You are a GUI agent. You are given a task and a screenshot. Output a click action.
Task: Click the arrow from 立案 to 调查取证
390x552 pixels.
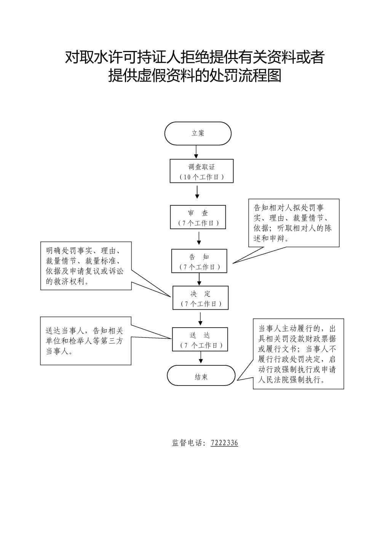point(196,152)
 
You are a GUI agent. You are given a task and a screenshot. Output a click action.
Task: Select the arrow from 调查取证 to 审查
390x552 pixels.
point(197,192)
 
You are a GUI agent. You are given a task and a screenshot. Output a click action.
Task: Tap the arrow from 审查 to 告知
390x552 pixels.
point(199,238)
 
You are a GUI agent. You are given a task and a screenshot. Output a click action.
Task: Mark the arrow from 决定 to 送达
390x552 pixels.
point(200,319)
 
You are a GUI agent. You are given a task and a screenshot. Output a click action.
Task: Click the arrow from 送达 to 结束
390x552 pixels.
point(201,357)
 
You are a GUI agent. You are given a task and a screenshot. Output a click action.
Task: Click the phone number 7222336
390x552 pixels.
point(224,443)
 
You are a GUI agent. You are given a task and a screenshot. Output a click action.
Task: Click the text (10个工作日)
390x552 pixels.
point(201,177)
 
